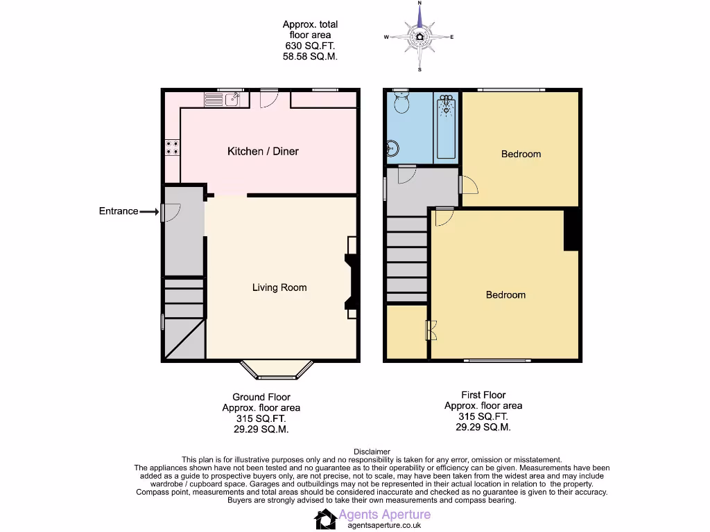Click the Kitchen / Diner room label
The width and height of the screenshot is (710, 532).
click(263, 151)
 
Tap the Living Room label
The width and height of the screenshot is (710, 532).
click(279, 287)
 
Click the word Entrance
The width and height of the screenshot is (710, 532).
click(119, 211)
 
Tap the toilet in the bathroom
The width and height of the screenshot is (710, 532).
click(401, 103)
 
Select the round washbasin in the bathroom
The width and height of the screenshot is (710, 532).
click(392, 148)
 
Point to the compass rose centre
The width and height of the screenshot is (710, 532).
click(419, 37)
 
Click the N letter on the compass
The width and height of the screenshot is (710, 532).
click(419, 4)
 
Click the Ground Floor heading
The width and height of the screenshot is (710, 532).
click(261, 397)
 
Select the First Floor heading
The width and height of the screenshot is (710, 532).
click(483, 395)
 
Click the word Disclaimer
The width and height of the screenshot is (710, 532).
click(372, 452)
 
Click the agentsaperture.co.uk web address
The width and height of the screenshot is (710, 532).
click(384, 525)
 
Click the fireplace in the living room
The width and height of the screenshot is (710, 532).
click(350, 282)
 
